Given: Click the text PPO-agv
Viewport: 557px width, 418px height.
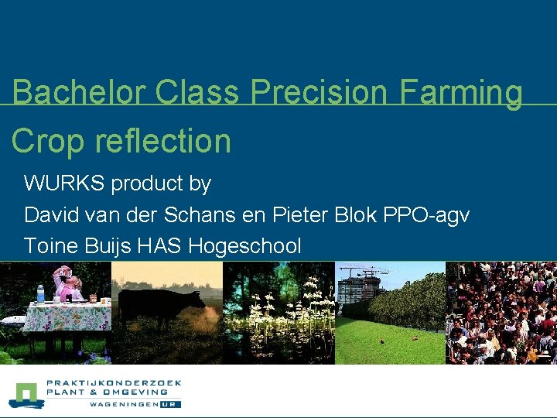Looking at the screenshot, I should tap(426, 215).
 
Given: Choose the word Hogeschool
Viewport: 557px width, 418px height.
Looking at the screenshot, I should tap(244, 247).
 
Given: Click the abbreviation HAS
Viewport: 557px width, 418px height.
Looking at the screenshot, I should tap(160, 246).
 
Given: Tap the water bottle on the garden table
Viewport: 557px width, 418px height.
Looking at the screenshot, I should tap(40, 294).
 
